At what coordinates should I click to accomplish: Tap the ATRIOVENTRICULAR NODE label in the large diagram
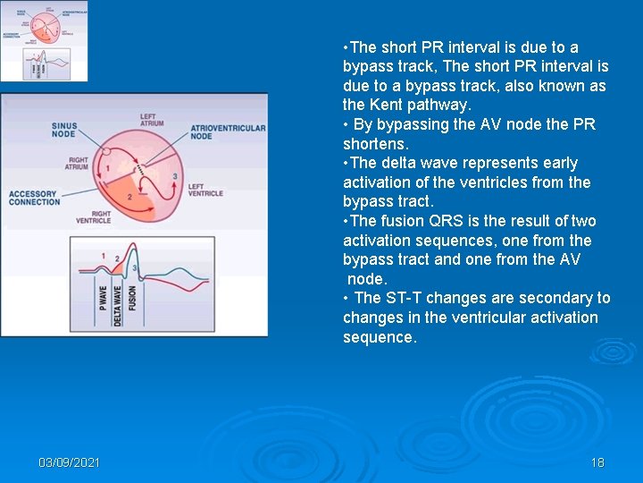[228, 132]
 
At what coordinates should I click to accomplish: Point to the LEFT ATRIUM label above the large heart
[152, 119]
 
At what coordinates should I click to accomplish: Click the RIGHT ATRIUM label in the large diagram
[77, 164]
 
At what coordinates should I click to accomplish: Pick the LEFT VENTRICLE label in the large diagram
[206, 190]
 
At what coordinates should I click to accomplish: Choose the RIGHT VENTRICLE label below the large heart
[93, 216]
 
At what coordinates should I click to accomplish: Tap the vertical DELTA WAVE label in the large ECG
[119, 303]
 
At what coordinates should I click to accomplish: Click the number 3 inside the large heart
[175, 176]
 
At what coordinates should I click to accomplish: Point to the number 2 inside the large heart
[129, 197]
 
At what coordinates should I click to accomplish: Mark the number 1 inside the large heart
[108, 168]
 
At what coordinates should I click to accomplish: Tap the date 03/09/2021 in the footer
[69, 462]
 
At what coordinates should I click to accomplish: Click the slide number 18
[597, 462]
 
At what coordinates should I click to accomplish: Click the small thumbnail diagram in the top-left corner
[45, 41]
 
